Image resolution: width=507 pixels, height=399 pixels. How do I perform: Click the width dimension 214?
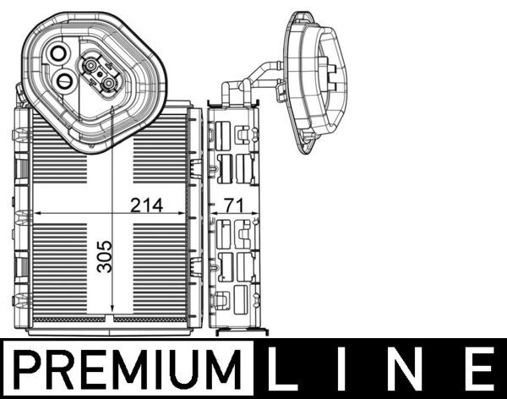click(x=147, y=205)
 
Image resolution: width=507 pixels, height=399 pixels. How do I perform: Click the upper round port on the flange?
click(x=58, y=53)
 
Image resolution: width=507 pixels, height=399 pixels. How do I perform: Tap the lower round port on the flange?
click(x=65, y=80)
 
